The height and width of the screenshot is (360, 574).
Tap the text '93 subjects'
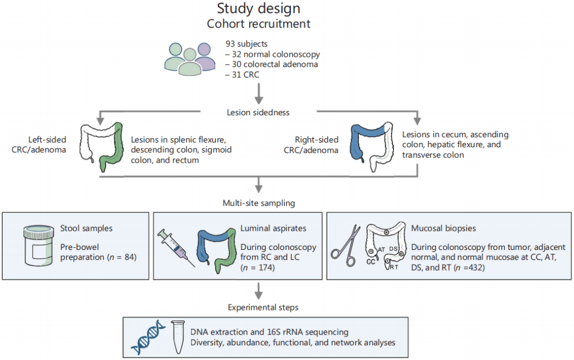247,44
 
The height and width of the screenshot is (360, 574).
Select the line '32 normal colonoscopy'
276,54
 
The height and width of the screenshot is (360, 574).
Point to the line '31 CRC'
245,74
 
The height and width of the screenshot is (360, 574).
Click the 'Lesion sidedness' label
258,112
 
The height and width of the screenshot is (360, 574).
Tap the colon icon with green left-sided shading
102,146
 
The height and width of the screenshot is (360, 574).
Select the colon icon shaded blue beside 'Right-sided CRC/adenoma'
372,146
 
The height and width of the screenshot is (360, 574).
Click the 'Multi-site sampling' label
259,203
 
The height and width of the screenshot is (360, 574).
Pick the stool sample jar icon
38,245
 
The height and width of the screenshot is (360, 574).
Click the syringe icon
176,248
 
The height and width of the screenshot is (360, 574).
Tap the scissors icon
345,246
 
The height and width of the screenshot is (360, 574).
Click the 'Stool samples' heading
87,228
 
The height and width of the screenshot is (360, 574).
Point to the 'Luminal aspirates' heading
273,228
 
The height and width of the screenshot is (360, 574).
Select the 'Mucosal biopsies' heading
443,228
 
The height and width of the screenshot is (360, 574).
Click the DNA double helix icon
148,337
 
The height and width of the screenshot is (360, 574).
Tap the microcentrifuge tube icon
178,337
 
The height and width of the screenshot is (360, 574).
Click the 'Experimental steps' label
263,307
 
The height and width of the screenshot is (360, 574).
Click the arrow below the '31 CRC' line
259,94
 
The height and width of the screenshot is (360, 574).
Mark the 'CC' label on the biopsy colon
370,262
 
